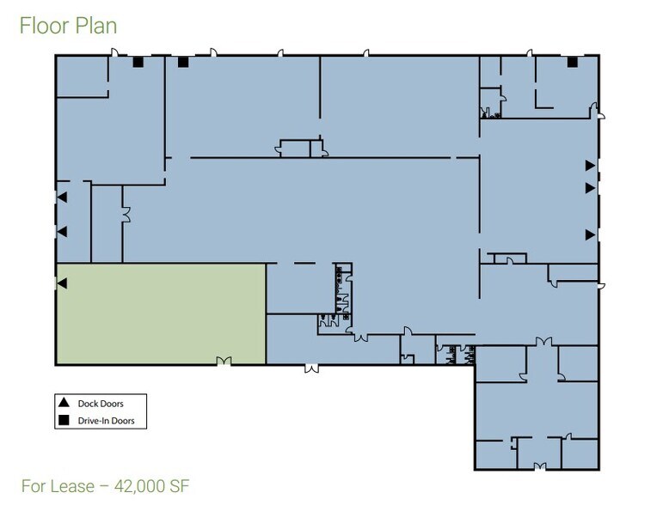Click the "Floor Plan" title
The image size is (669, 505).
coord(68,26)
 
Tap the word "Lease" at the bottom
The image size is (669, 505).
coord(72,486)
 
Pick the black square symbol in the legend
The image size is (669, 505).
coord(64,421)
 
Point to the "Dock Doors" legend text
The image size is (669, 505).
coord(100,403)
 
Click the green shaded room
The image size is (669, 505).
coord(161,313)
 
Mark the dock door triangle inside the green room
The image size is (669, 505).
coord(62,283)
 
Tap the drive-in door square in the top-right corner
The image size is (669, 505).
coord(572,62)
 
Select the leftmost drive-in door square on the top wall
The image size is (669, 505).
coord(137,62)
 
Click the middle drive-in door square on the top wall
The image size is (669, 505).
coord(182,62)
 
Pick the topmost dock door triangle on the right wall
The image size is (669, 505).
coord(590,165)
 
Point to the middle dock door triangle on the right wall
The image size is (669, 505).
coord(590,187)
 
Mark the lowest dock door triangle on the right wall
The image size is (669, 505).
coord(590,234)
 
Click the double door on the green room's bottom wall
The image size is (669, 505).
coord(224,362)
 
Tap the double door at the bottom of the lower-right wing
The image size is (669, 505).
coord(540,466)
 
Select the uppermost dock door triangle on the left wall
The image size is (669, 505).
coord(62,198)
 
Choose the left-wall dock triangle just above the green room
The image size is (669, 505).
coord(62,232)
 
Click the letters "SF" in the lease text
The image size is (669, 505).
coord(178,486)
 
